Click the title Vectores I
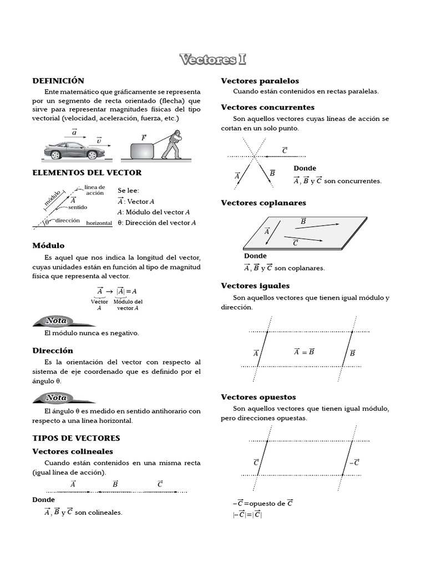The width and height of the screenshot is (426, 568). click(x=213, y=59)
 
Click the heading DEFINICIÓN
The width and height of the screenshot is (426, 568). click(x=58, y=81)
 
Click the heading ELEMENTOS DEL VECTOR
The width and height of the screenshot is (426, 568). click(x=87, y=173)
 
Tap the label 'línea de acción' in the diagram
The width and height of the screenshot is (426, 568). click(x=94, y=190)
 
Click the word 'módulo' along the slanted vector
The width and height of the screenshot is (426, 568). click(x=54, y=199)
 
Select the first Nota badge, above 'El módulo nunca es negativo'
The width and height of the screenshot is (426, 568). click(x=56, y=321)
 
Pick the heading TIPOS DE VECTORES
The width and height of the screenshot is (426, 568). click(x=76, y=438)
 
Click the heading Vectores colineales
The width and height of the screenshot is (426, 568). click(x=73, y=452)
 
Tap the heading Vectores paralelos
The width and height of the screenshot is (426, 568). click(x=260, y=81)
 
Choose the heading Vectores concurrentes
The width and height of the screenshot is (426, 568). click(x=267, y=107)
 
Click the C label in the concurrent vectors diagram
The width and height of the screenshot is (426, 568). click(x=285, y=150)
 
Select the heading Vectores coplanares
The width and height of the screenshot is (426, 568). click(x=263, y=203)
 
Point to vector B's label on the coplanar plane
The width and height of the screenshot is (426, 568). click(x=303, y=221)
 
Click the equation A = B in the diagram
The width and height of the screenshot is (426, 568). click(x=304, y=351)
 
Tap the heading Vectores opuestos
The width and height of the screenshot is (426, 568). click(x=258, y=397)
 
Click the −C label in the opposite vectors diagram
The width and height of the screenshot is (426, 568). click(x=354, y=462)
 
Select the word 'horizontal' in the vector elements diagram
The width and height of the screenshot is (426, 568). click(x=99, y=223)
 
